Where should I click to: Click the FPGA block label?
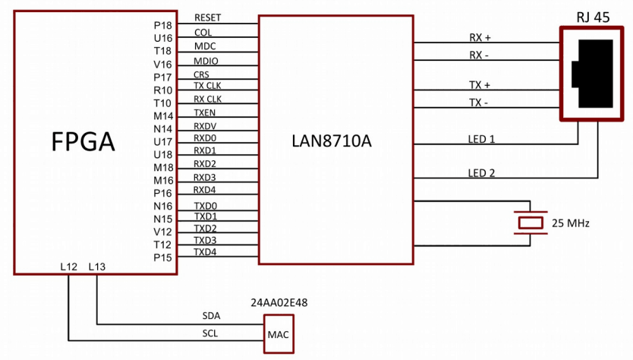pos(83,141)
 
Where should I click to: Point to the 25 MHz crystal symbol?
pos(529,223)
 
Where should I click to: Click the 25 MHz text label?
pos(570,223)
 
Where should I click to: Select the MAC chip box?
pos(278,334)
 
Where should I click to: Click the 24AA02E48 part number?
pos(278,302)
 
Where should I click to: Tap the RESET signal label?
pos(209,17)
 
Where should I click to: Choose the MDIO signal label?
pos(206,60)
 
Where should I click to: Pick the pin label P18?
pos(163,25)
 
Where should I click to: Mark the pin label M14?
pos(163,115)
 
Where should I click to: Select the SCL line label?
pos(210,333)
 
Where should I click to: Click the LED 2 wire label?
pos(481,173)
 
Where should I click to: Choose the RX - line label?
pos(480,54)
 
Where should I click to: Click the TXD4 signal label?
pos(205,251)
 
